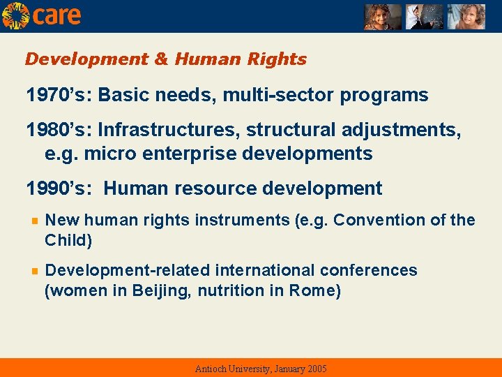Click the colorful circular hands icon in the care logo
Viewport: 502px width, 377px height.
point(15,15)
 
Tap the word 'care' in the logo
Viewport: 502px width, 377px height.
point(57,15)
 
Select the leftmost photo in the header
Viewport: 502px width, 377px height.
point(382,17)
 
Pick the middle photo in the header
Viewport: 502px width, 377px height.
point(425,17)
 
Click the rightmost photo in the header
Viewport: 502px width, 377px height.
point(466,17)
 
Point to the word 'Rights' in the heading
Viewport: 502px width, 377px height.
point(280,59)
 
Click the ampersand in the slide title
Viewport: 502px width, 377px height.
point(161,59)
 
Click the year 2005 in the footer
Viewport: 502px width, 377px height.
point(316,369)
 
